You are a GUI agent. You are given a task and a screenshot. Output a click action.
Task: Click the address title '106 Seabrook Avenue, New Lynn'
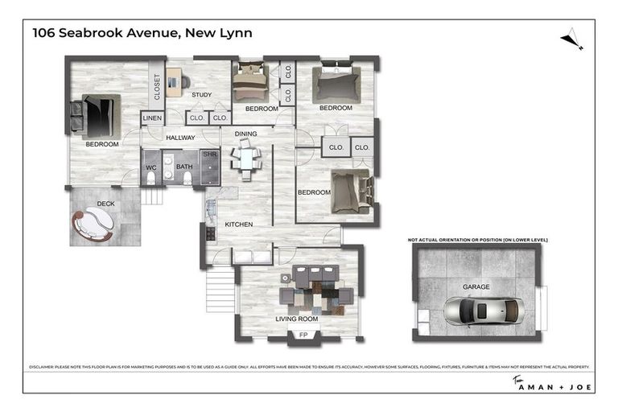(x=142, y=33)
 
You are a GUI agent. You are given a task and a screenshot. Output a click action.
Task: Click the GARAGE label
(x=476, y=286)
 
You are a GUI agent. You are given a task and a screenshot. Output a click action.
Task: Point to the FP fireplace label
(x=303, y=334)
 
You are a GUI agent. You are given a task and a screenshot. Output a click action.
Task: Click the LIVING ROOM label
(x=297, y=319)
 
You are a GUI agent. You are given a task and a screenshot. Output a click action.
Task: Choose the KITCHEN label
(x=238, y=224)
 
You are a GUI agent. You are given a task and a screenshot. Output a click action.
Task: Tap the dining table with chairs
(x=246, y=157)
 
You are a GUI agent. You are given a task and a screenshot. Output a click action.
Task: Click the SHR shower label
(x=209, y=154)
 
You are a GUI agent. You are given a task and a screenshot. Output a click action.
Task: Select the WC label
(x=150, y=167)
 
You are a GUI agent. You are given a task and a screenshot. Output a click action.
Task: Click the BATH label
(x=184, y=167)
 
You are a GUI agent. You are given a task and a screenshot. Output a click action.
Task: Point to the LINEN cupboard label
(x=152, y=118)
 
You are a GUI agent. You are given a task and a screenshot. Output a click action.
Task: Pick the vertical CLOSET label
(x=157, y=88)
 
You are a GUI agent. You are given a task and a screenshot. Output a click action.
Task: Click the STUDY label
(x=201, y=95)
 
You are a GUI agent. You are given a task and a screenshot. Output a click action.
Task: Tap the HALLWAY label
(x=180, y=138)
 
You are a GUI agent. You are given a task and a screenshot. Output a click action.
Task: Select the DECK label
(x=105, y=204)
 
